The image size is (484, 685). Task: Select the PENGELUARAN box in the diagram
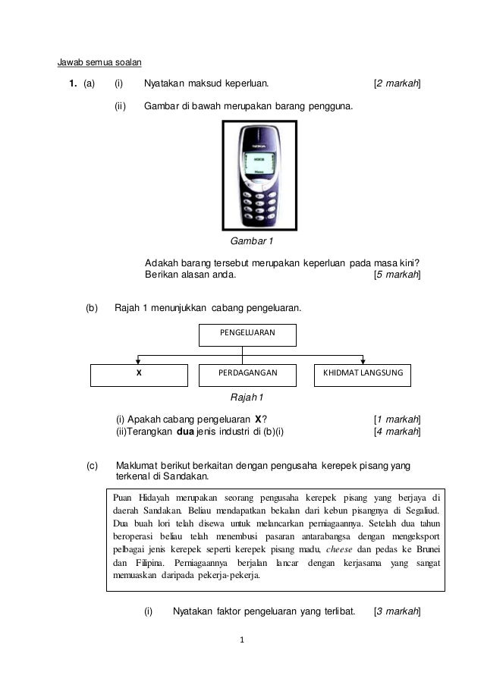(247, 334)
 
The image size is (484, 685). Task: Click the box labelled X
(139, 375)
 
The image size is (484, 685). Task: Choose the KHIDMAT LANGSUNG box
(363, 375)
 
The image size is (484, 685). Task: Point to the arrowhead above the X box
(138, 360)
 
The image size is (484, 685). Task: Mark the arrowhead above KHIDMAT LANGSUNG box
(363, 360)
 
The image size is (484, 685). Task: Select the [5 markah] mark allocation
(398, 275)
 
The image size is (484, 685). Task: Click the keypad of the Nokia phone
(259, 201)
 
